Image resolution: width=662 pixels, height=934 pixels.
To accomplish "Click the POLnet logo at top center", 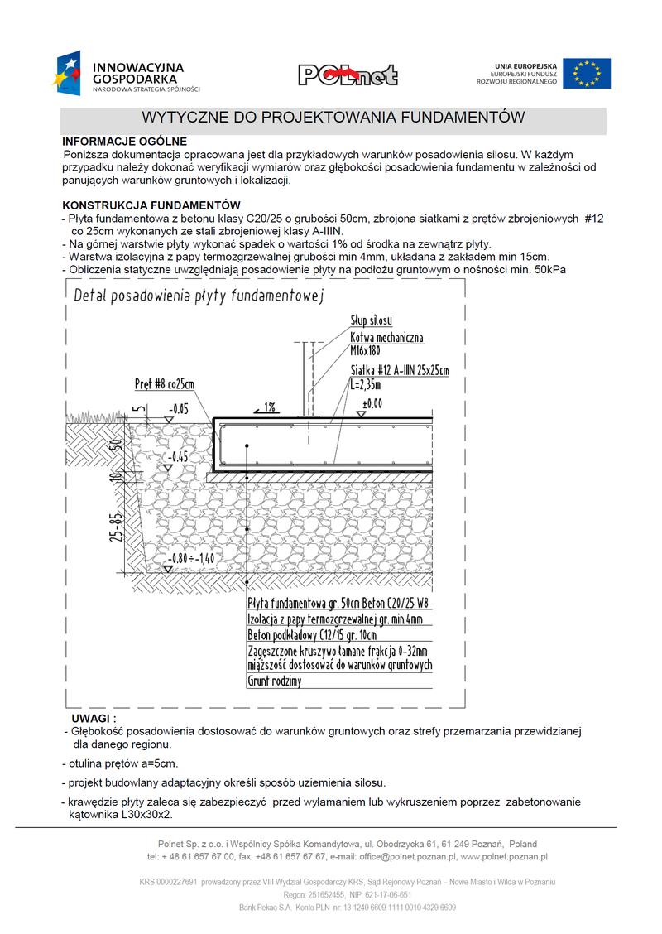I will point(348,75).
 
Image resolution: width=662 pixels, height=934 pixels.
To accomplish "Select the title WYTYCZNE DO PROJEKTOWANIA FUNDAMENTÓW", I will point(333,118).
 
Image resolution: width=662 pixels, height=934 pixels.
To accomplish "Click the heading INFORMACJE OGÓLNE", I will point(124,142).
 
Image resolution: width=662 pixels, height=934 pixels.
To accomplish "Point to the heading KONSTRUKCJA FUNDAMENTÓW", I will point(151,205).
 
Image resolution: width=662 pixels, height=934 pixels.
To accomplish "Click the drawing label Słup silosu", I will point(371,320).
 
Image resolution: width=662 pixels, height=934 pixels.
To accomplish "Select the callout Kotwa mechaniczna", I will point(386,338).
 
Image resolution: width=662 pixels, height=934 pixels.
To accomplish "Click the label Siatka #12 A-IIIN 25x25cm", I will point(399,370).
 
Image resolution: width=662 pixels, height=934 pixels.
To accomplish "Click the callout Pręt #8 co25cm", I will point(165,384).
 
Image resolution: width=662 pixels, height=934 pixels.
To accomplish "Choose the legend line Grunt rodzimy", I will point(274,681).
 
